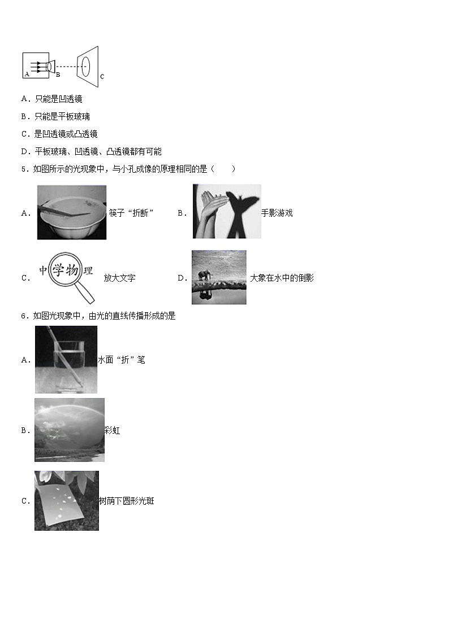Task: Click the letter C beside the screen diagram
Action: (102, 76)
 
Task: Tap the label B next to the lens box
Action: (58, 74)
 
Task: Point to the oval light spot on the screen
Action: (85, 66)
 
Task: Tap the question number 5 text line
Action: (128, 169)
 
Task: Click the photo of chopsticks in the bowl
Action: (71, 212)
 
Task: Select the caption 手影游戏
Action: (277, 213)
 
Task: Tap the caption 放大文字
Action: (119, 278)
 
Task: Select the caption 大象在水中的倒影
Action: (282, 278)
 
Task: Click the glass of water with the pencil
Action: (66, 359)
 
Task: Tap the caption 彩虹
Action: (112, 431)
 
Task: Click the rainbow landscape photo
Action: (69, 430)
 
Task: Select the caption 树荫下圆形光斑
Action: (126, 501)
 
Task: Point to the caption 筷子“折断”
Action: (131, 213)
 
